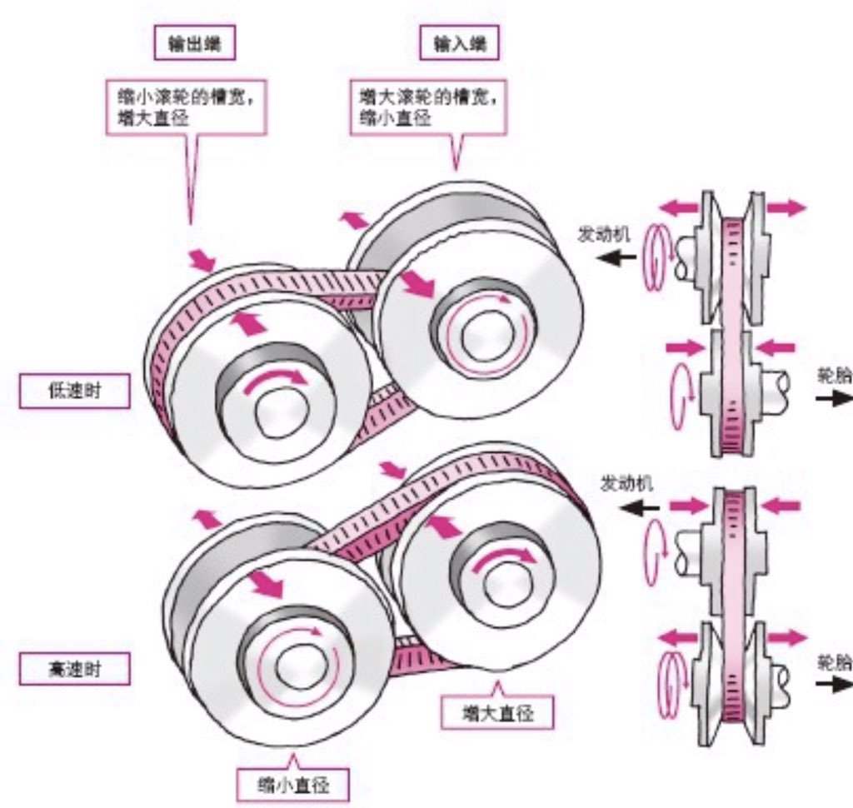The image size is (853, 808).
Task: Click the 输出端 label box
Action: (x=195, y=45)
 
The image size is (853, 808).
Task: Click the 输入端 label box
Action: (x=460, y=45)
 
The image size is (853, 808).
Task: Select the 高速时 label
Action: (x=75, y=668)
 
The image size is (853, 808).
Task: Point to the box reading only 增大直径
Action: (x=496, y=713)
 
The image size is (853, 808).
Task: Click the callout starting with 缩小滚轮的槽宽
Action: (x=185, y=107)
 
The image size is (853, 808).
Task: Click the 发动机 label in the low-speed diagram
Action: (x=605, y=232)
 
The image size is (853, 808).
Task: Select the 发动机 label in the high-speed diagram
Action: (x=627, y=484)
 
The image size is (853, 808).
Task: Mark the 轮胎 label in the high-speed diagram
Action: (x=835, y=662)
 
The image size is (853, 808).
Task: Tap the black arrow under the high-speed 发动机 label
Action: (x=642, y=506)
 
